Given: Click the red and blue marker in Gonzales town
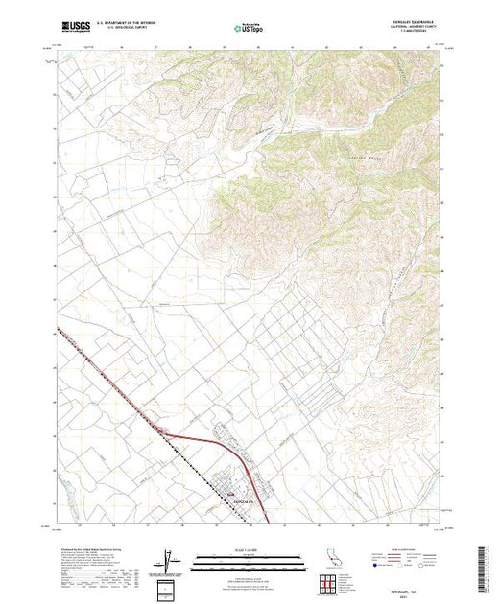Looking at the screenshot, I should (x=231, y=494).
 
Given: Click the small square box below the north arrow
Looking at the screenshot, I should (x=169, y=588).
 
